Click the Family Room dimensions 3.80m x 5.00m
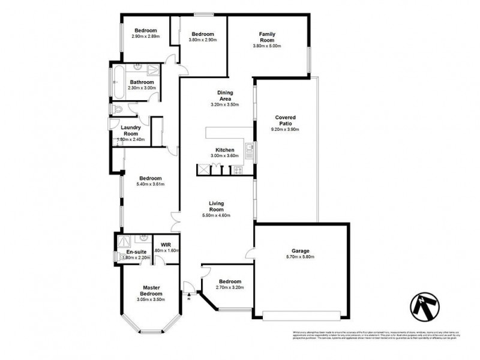click(x=267, y=46)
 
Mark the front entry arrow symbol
click(x=190, y=295)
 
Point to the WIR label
click(x=166, y=245)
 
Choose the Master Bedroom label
click(x=151, y=290)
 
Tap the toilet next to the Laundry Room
click(x=118, y=109)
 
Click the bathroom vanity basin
click(x=137, y=68)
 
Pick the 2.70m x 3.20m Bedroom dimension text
click(x=230, y=288)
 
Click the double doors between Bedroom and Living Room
click(x=174, y=220)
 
